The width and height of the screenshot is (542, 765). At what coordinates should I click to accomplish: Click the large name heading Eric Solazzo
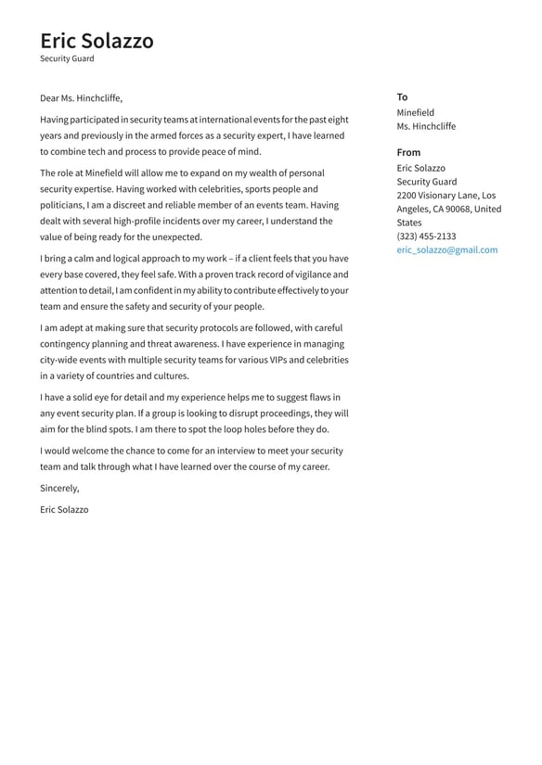tap(97, 41)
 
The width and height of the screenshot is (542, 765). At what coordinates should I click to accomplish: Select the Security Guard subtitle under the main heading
tap(67, 58)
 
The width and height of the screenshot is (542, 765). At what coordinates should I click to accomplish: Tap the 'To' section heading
tap(402, 96)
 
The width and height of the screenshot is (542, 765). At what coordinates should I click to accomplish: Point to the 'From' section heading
tap(408, 152)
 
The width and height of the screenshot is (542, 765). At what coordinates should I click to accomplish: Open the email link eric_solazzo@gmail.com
tap(446, 249)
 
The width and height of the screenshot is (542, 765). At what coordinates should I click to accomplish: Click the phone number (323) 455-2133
tap(426, 236)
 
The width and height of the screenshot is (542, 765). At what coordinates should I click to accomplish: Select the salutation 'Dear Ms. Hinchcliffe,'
tap(81, 98)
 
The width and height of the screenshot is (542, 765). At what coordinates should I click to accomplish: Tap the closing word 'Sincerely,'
tap(59, 488)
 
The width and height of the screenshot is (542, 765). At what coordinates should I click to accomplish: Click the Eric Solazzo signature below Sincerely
tap(64, 509)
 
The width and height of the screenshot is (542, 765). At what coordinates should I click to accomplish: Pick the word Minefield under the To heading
tap(415, 113)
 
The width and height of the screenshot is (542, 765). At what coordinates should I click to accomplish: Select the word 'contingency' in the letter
tap(66, 344)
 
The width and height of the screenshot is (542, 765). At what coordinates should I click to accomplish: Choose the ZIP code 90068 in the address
tap(456, 210)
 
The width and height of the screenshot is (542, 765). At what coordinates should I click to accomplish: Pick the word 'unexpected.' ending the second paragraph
tap(174, 237)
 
